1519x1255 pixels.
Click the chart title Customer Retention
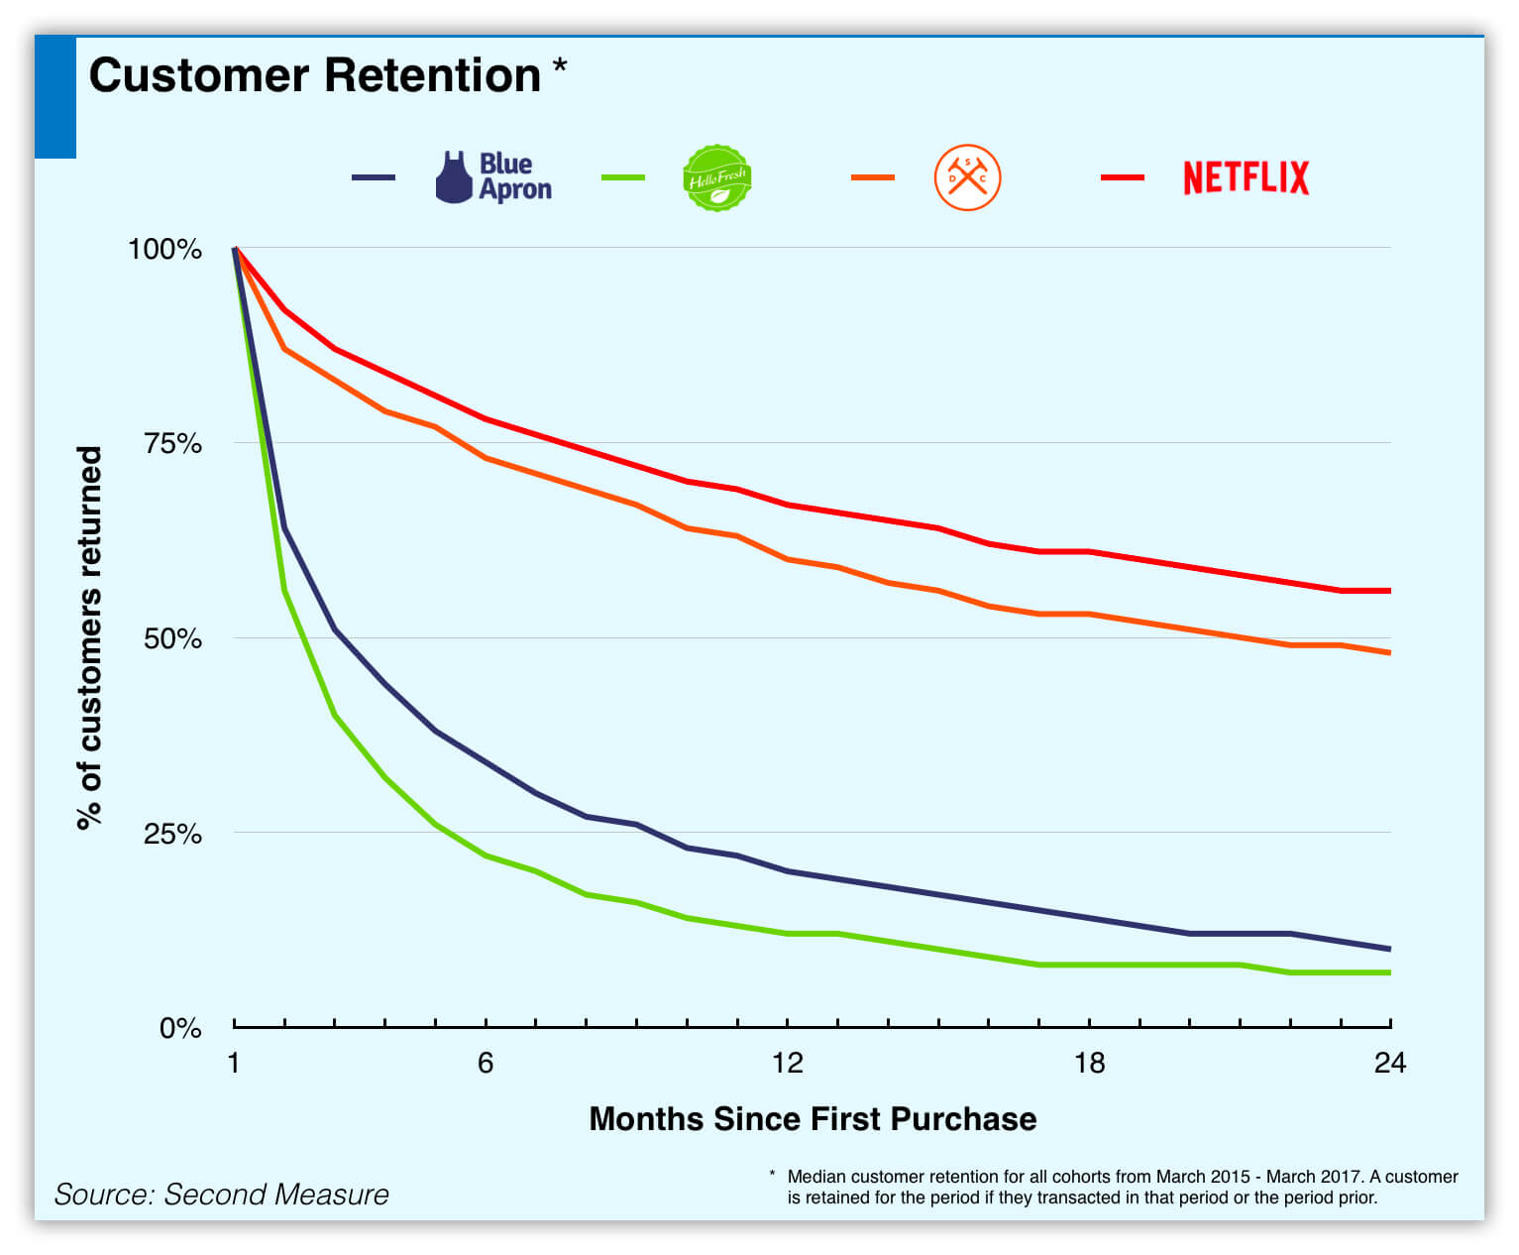pos(314,75)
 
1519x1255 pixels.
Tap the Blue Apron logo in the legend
pos(493,176)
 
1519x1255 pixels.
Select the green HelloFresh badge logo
pos(716,177)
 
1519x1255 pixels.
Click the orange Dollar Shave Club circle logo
pos(967,176)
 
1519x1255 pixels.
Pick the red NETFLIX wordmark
pos(1246,177)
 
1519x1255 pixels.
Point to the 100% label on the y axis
pos(164,249)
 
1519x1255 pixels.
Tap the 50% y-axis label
pos(172,638)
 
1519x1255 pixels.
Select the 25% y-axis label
pos(172,833)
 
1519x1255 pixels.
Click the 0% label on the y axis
pos(180,1028)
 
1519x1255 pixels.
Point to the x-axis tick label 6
pos(486,1063)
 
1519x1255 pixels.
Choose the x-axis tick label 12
pos(787,1063)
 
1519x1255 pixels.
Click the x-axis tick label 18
pos(1089,1063)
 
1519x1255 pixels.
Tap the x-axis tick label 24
pos(1389,1063)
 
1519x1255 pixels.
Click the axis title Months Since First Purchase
pos(813,1119)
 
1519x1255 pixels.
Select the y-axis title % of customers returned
pos(89,637)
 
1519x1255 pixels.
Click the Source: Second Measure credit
pos(222,1195)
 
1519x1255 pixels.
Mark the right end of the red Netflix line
pos(1390,591)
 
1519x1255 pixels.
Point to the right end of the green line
pos(1390,972)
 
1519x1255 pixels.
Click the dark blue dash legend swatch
pos(374,176)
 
